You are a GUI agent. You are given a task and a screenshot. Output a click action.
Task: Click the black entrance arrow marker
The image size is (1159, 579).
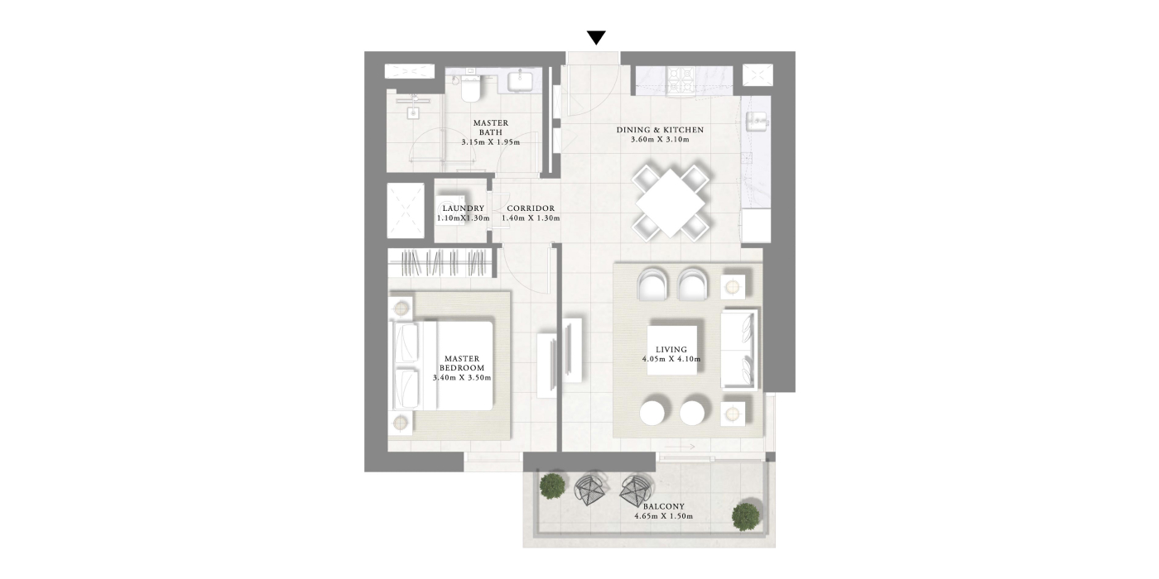(596, 38)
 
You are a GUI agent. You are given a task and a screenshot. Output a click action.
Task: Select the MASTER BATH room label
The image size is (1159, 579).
(490, 127)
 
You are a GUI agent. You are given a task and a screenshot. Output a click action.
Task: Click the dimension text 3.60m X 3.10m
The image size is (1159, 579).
(660, 140)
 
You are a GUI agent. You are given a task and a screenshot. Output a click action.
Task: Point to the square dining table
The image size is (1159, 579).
(670, 203)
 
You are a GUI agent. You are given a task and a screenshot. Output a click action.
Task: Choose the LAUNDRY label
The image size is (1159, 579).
(463, 208)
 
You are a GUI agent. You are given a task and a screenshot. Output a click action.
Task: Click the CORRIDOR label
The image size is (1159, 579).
(531, 208)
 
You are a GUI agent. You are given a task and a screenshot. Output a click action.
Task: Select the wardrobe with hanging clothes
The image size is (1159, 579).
(442, 263)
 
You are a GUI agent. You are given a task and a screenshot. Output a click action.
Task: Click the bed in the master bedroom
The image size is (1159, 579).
(441, 366)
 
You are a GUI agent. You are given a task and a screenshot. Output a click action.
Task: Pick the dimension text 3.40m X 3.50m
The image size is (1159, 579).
(462, 378)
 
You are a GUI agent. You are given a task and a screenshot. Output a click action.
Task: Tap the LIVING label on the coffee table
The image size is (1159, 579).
(671, 349)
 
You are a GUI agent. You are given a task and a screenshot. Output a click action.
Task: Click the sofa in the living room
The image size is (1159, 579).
(739, 349)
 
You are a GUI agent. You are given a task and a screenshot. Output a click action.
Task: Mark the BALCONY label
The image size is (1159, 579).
(663, 506)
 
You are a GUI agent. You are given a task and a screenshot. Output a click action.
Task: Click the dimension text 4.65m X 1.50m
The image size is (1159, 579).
(663, 516)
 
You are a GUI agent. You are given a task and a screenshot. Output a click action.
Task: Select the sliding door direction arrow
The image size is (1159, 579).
(680, 447)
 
